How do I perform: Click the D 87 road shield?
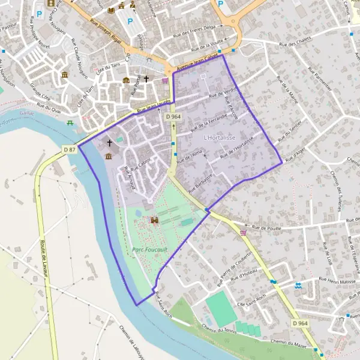[70, 149]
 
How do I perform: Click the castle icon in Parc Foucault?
[155, 220]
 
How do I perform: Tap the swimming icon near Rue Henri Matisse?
[298, 286]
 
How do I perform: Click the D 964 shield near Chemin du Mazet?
[301, 323]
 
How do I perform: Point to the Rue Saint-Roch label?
[164, 306]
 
